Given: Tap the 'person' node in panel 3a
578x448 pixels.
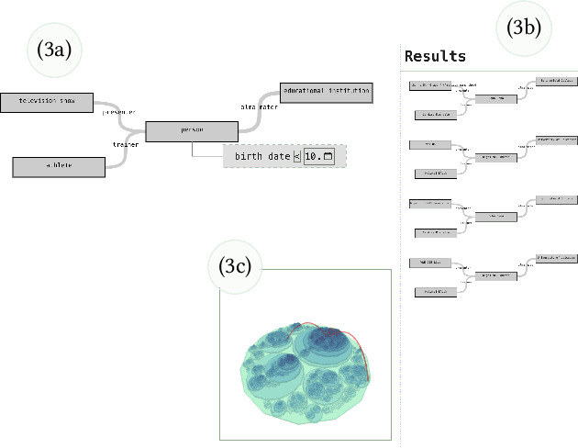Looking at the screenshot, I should pos(192,131).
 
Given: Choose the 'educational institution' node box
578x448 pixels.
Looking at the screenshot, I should pos(326,92).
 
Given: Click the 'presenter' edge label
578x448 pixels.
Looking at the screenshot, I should pos(120,112).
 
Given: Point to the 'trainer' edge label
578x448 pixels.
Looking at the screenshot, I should pos(125,143).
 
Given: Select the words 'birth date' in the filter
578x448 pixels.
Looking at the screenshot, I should pos(261,156).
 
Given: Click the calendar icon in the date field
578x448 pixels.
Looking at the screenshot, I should pos(328,157).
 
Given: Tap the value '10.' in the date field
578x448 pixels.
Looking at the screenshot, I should pos(312,157).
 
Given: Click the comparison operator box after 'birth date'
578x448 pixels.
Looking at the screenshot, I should pos(296,157).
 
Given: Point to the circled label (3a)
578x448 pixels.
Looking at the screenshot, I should pos(54,50).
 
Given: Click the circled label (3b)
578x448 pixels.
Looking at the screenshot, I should pos(524,28).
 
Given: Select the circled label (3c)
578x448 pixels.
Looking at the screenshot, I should pos(237,266).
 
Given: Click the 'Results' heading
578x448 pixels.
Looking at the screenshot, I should pos(435,56).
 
